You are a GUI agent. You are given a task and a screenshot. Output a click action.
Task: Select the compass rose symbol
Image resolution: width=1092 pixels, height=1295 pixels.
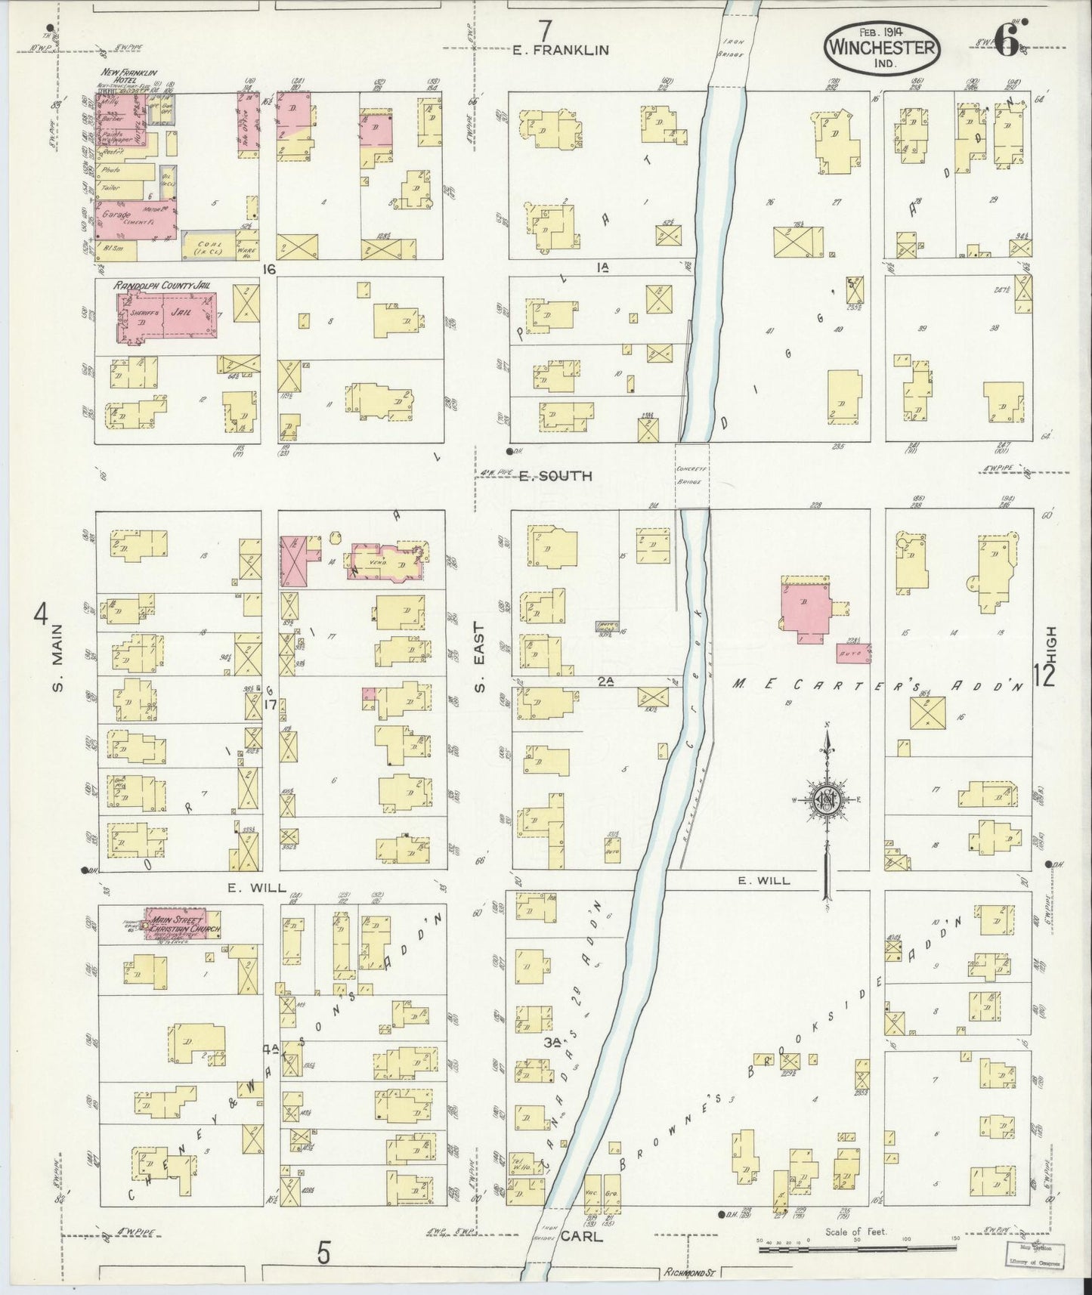click(827, 802)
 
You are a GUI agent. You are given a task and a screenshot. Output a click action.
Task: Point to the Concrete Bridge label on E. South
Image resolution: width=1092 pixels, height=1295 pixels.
click(691, 475)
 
